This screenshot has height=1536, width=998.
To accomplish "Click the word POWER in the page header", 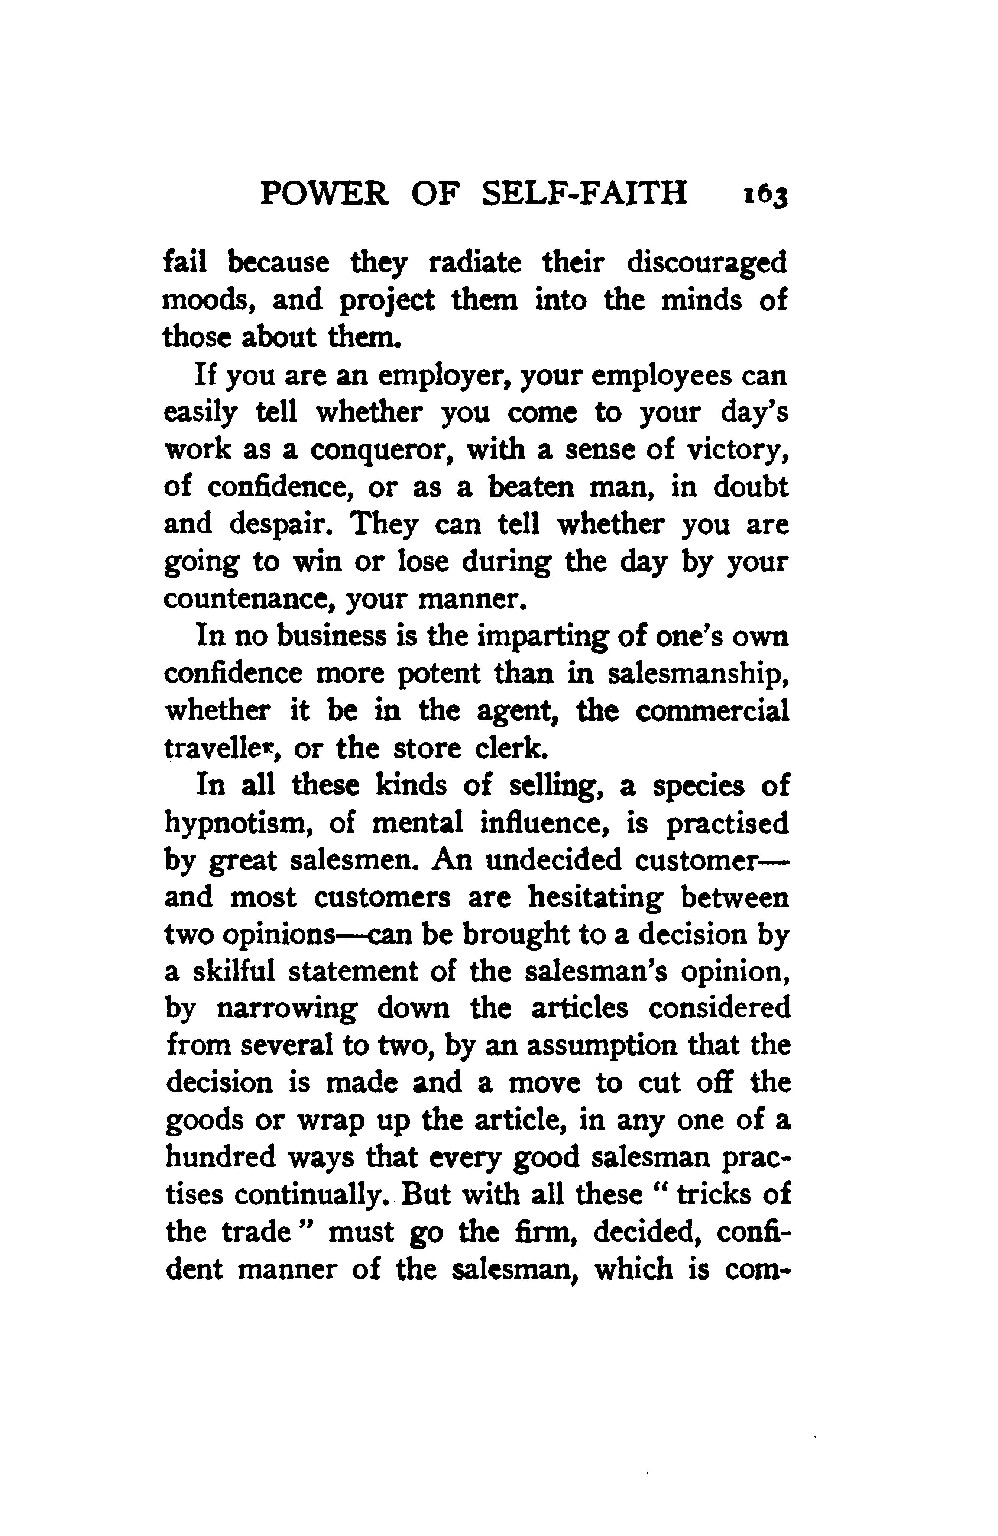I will pos(324,193).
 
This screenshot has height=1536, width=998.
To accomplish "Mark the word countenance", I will pos(248,600).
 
